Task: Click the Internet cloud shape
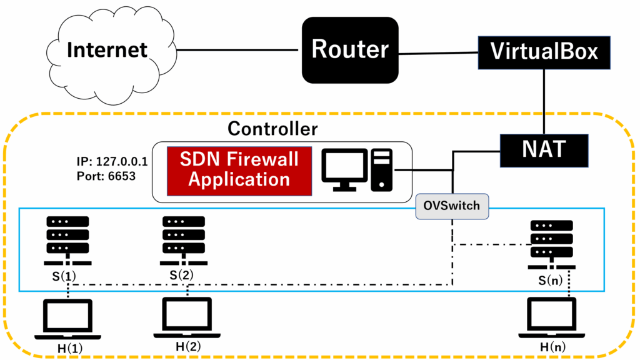(107, 50)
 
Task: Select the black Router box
(350, 49)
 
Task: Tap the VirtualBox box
(544, 51)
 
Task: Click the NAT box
(544, 149)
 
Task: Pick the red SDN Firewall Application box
(239, 169)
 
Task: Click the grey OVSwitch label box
(452, 206)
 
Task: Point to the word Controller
(272, 129)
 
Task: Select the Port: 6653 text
(106, 176)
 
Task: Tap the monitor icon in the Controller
(342, 170)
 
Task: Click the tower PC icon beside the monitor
(381, 169)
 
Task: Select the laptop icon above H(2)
(187, 316)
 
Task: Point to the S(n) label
(551, 281)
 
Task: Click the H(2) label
(187, 346)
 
